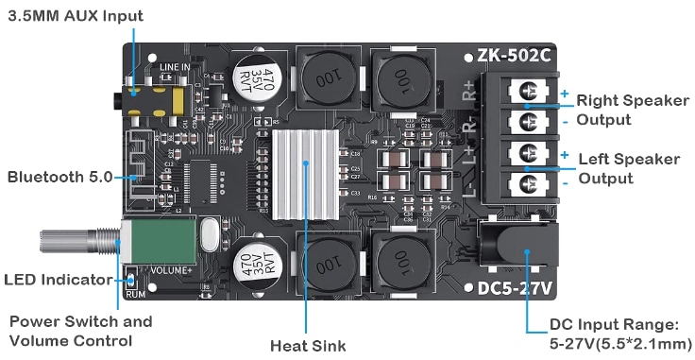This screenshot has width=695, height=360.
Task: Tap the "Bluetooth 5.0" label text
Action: coord(59,177)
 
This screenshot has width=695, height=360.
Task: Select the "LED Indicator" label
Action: coord(60,279)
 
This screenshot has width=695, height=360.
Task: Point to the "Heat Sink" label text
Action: coord(308,345)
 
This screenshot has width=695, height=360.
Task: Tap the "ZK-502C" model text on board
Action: coord(515,56)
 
